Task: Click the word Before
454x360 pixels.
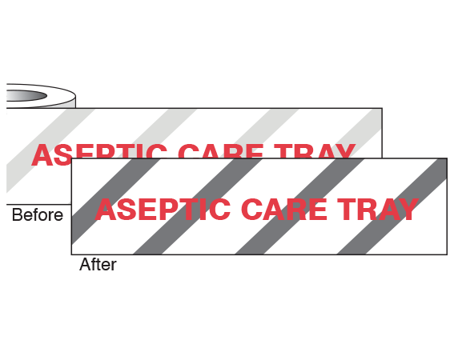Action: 38,214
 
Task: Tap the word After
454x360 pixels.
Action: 98,265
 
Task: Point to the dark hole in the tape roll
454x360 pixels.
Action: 26,95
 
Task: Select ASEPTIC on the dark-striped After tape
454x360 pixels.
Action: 163,210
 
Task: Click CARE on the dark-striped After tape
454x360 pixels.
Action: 284,210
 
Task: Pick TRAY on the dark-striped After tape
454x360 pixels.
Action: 378,210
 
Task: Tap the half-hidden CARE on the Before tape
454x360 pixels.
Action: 221,151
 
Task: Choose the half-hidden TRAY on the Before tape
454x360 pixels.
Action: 315,151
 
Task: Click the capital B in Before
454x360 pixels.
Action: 17,214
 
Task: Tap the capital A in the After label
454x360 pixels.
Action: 86,264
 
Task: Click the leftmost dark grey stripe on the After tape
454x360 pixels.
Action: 116,202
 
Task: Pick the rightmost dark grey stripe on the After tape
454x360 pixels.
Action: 392,206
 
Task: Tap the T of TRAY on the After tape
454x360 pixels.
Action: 347,210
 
